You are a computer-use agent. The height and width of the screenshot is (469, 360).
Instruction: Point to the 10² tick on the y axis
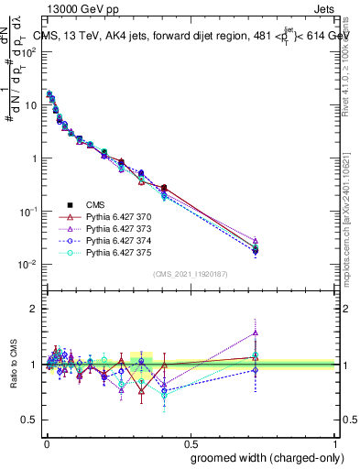click(29, 51)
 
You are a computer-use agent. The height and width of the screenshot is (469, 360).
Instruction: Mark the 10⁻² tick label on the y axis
click(27, 265)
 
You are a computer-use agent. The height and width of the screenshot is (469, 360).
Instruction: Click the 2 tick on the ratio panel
click(33, 309)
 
